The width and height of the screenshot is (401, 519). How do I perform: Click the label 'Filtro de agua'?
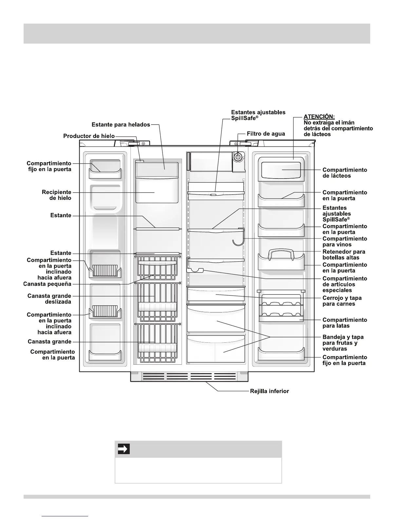click(x=266, y=134)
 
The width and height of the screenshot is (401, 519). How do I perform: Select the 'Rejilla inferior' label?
click(x=270, y=391)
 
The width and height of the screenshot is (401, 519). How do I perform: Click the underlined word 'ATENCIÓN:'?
click(x=319, y=117)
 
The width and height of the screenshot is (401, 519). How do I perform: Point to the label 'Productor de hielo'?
click(x=89, y=136)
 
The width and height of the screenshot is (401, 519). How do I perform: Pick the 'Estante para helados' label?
click(x=121, y=125)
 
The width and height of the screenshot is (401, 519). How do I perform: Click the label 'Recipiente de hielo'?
click(x=56, y=195)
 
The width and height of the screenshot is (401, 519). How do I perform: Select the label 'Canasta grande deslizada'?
click(x=49, y=299)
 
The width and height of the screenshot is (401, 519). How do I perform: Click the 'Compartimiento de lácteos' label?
click(x=345, y=173)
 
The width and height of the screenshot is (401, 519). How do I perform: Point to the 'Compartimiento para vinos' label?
click(x=345, y=241)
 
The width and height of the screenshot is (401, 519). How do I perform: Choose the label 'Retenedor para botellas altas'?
click(x=344, y=255)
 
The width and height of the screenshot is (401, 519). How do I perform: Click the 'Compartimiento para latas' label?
click(x=345, y=323)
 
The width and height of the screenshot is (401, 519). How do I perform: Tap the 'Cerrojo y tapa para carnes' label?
click(x=342, y=301)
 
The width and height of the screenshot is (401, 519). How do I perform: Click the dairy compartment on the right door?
click(x=281, y=169)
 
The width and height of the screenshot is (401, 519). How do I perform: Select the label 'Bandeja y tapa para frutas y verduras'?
click(x=343, y=343)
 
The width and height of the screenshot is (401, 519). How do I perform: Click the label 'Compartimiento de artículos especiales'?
click(x=345, y=284)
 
